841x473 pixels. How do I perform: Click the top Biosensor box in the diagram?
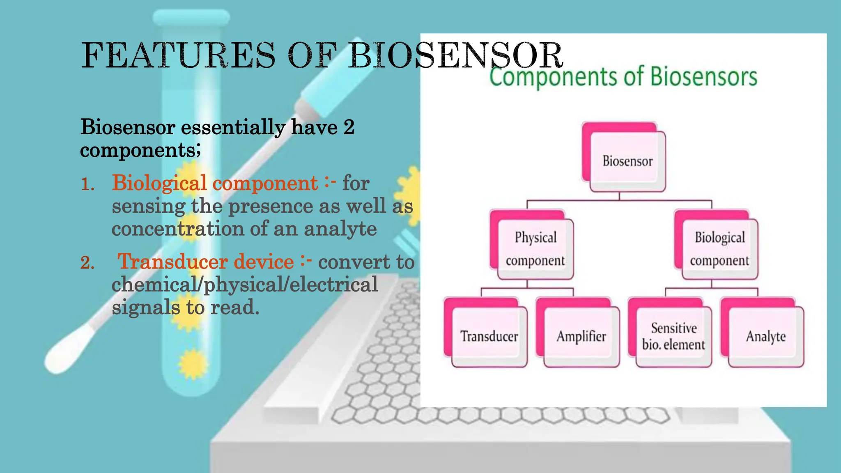point(627,161)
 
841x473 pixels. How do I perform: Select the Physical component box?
point(535,248)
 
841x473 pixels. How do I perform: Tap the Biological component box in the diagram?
point(719,248)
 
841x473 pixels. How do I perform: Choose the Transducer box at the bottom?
point(489,336)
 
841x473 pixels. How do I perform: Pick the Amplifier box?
point(581,336)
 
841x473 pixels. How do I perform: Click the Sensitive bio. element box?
point(673,336)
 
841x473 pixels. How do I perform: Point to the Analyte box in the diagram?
point(765,336)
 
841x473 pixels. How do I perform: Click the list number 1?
point(87,184)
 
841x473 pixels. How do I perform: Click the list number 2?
point(87,263)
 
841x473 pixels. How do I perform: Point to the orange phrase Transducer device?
point(205,262)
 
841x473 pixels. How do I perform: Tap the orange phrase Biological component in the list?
point(215,183)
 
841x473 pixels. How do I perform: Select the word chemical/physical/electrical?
point(245,285)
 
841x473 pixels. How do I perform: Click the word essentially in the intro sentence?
point(233,127)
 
